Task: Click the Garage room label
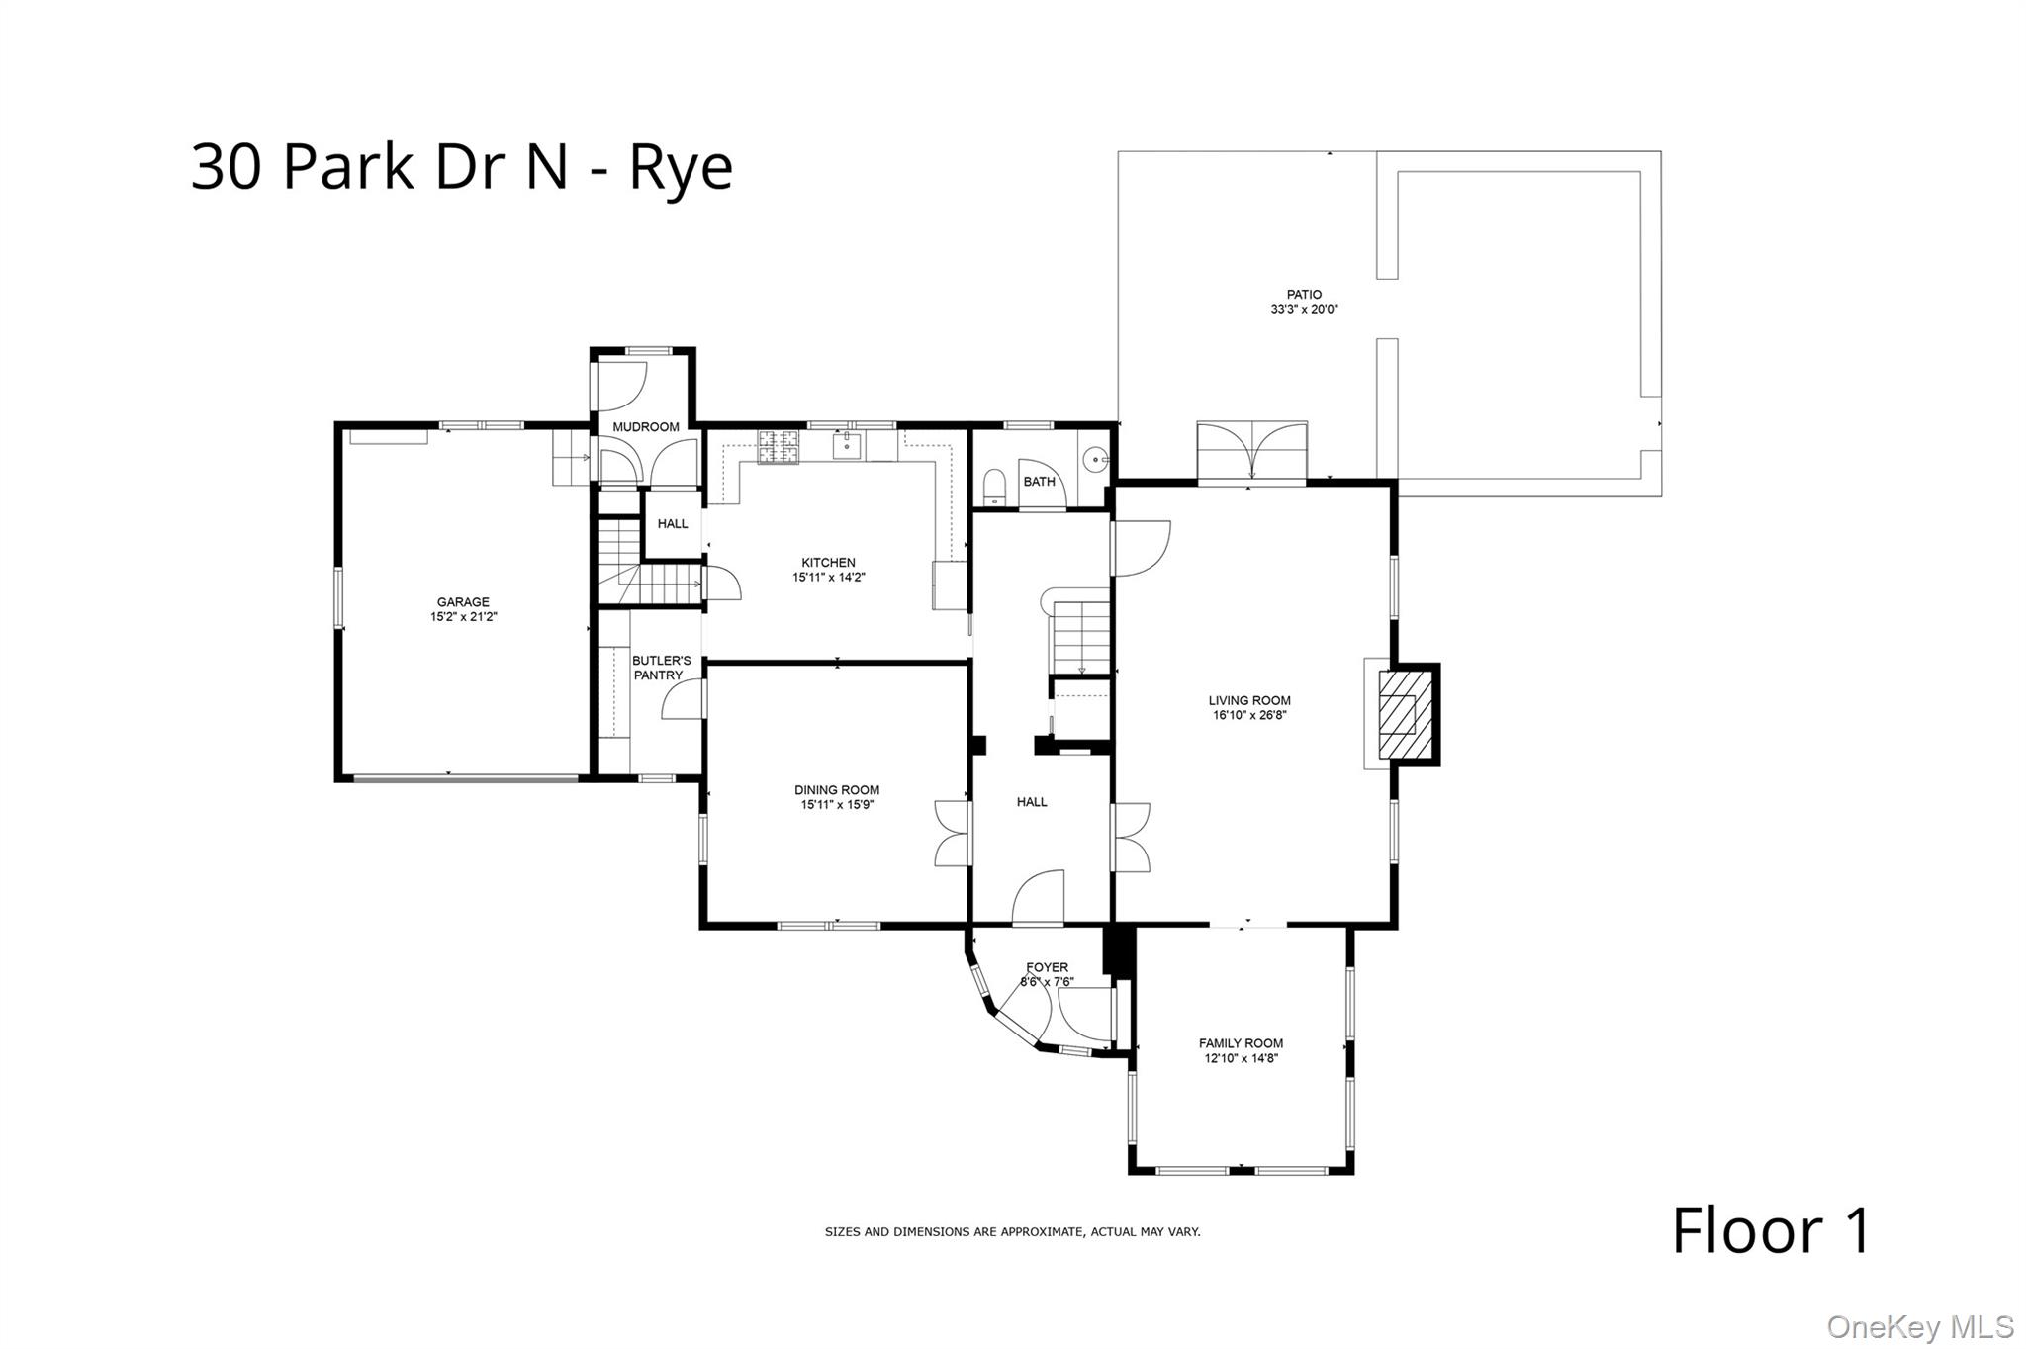(463, 602)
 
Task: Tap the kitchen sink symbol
(846, 446)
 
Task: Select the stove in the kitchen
(778, 447)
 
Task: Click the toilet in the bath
(994, 487)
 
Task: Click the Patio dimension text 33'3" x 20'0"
(1304, 309)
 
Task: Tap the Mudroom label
(646, 427)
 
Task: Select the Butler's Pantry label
(661, 668)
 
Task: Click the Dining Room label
(837, 790)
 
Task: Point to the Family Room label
(1241, 1043)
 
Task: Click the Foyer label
(1047, 967)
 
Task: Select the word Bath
(1039, 482)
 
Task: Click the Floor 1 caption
(1771, 1231)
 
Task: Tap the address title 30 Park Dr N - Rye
(462, 166)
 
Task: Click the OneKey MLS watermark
(1919, 1326)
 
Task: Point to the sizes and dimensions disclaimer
(1012, 1232)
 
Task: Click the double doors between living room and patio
(1251, 451)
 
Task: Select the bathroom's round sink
(1095, 460)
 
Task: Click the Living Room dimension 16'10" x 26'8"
(1249, 715)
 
